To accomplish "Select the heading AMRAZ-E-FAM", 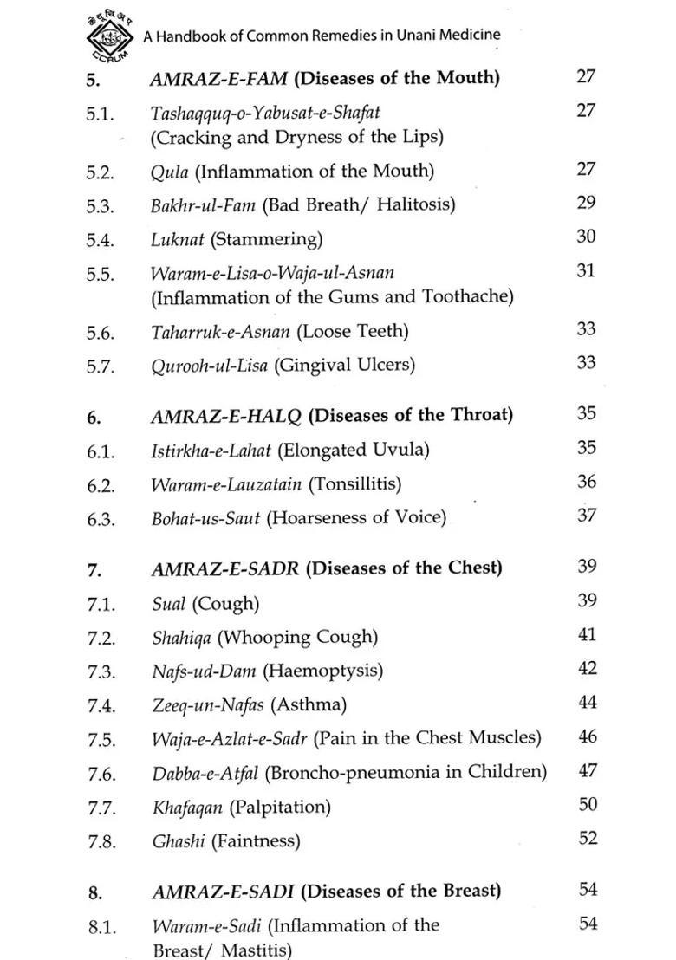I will (219, 78).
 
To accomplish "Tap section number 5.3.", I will (100, 205).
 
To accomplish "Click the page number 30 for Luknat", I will (586, 237).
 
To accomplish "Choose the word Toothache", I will (467, 296).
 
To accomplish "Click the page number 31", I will (586, 271).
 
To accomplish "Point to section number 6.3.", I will (101, 519).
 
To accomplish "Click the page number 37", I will (587, 516).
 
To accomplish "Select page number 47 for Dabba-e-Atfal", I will (588, 770).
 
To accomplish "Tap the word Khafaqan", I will (187, 808).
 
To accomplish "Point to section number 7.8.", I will (101, 841).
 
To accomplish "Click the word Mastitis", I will (256, 950).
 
